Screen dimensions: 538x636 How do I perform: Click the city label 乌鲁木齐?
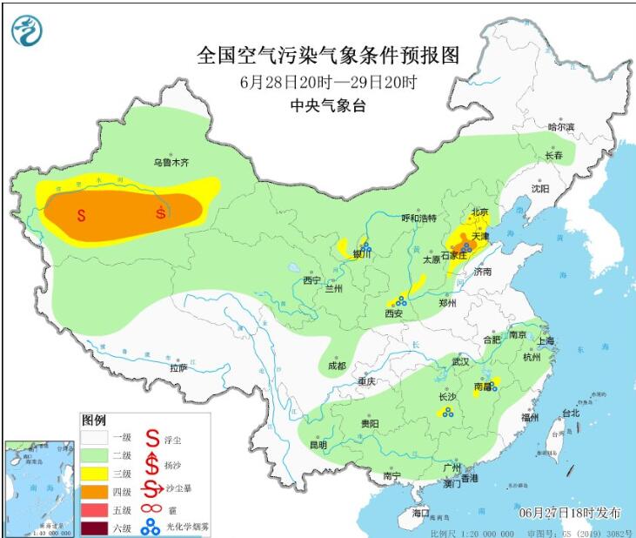[x=171, y=162]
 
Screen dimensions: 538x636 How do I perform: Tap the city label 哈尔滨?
[x=561, y=127]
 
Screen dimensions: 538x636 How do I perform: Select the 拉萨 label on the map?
[x=178, y=368]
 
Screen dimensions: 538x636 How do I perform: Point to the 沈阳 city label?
[x=541, y=188]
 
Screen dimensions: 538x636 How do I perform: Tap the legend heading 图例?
[x=94, y=420]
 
